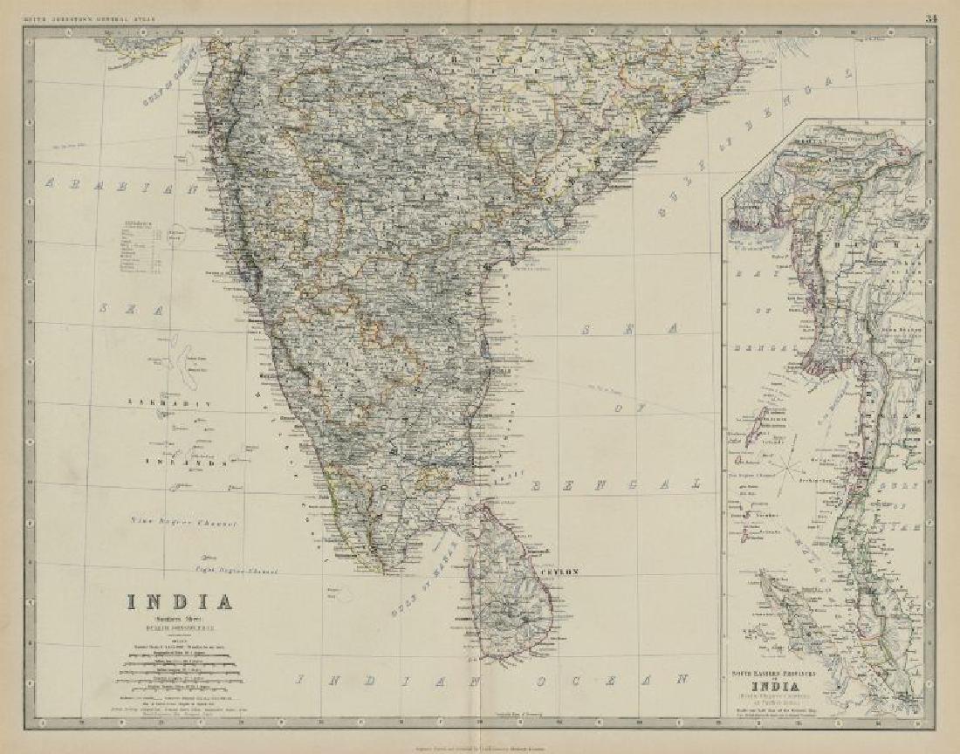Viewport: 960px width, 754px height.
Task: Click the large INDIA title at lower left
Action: pyautogui.click(x=181, y=602)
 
